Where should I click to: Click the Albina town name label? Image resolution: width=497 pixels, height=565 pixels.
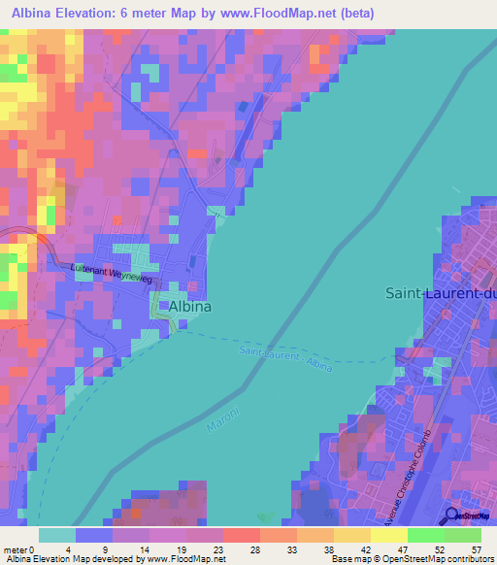pyautogui.click(x=190, y=306)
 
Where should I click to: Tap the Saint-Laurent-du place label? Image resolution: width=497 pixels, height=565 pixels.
pyautogui.click(x=441, y=292)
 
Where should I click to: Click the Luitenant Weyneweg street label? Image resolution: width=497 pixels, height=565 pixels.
pyautogui.click(x=113, y=274)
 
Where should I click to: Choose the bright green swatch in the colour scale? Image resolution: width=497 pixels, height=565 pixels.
pyautogui.click(x=425, y=535)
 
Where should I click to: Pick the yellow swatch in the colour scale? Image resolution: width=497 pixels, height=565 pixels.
pyautogui.click(x=388, y=535)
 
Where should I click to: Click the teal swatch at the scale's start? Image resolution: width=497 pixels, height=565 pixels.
pyautogui.click(x=57, y=535)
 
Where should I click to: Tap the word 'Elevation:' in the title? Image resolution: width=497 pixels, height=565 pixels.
pyautogui.click(x=99, y=14)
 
